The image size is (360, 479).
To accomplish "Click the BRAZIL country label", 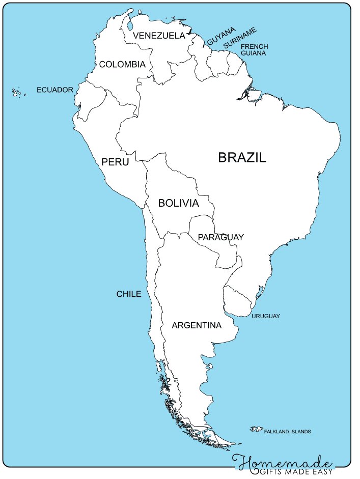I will pyautogui.click(x=242, y=157).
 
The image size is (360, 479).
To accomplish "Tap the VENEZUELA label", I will pyautogui.click(x=158, y=36).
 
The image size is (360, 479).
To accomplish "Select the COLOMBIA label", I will pyautogui.click(x=122, y=65).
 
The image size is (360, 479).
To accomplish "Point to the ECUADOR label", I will pyautogui.click(x=55, y=90).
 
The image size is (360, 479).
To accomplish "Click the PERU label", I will pyautogui.click(x=115, y=162).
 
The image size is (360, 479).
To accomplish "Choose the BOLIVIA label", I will pyautogui.click(x=178, y=203).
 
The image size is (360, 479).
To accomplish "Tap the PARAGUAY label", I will pyautogui.click(x=220, y=237).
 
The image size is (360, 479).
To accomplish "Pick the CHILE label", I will pyautogui.click(x=129, y=294).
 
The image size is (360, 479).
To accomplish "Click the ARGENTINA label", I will pyautogui.click(x=197, y=325).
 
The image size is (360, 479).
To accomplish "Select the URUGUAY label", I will pyautogui.click(x=266, y=316).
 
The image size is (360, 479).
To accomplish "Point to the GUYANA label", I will pyautogui.click(x=221, y=36).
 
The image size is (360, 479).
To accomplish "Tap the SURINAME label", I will pyautogui.click(x=240, y=39).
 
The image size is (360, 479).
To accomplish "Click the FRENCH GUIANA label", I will pyautogui.click(x=255, y=49).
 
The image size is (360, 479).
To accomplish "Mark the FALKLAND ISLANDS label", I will pyautogui.click(x=287, y=432).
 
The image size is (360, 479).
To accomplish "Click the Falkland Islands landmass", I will pyautogui.click(x=256, y=429).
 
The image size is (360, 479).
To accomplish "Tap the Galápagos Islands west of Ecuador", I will pyautogui.click(x=17, y=93).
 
